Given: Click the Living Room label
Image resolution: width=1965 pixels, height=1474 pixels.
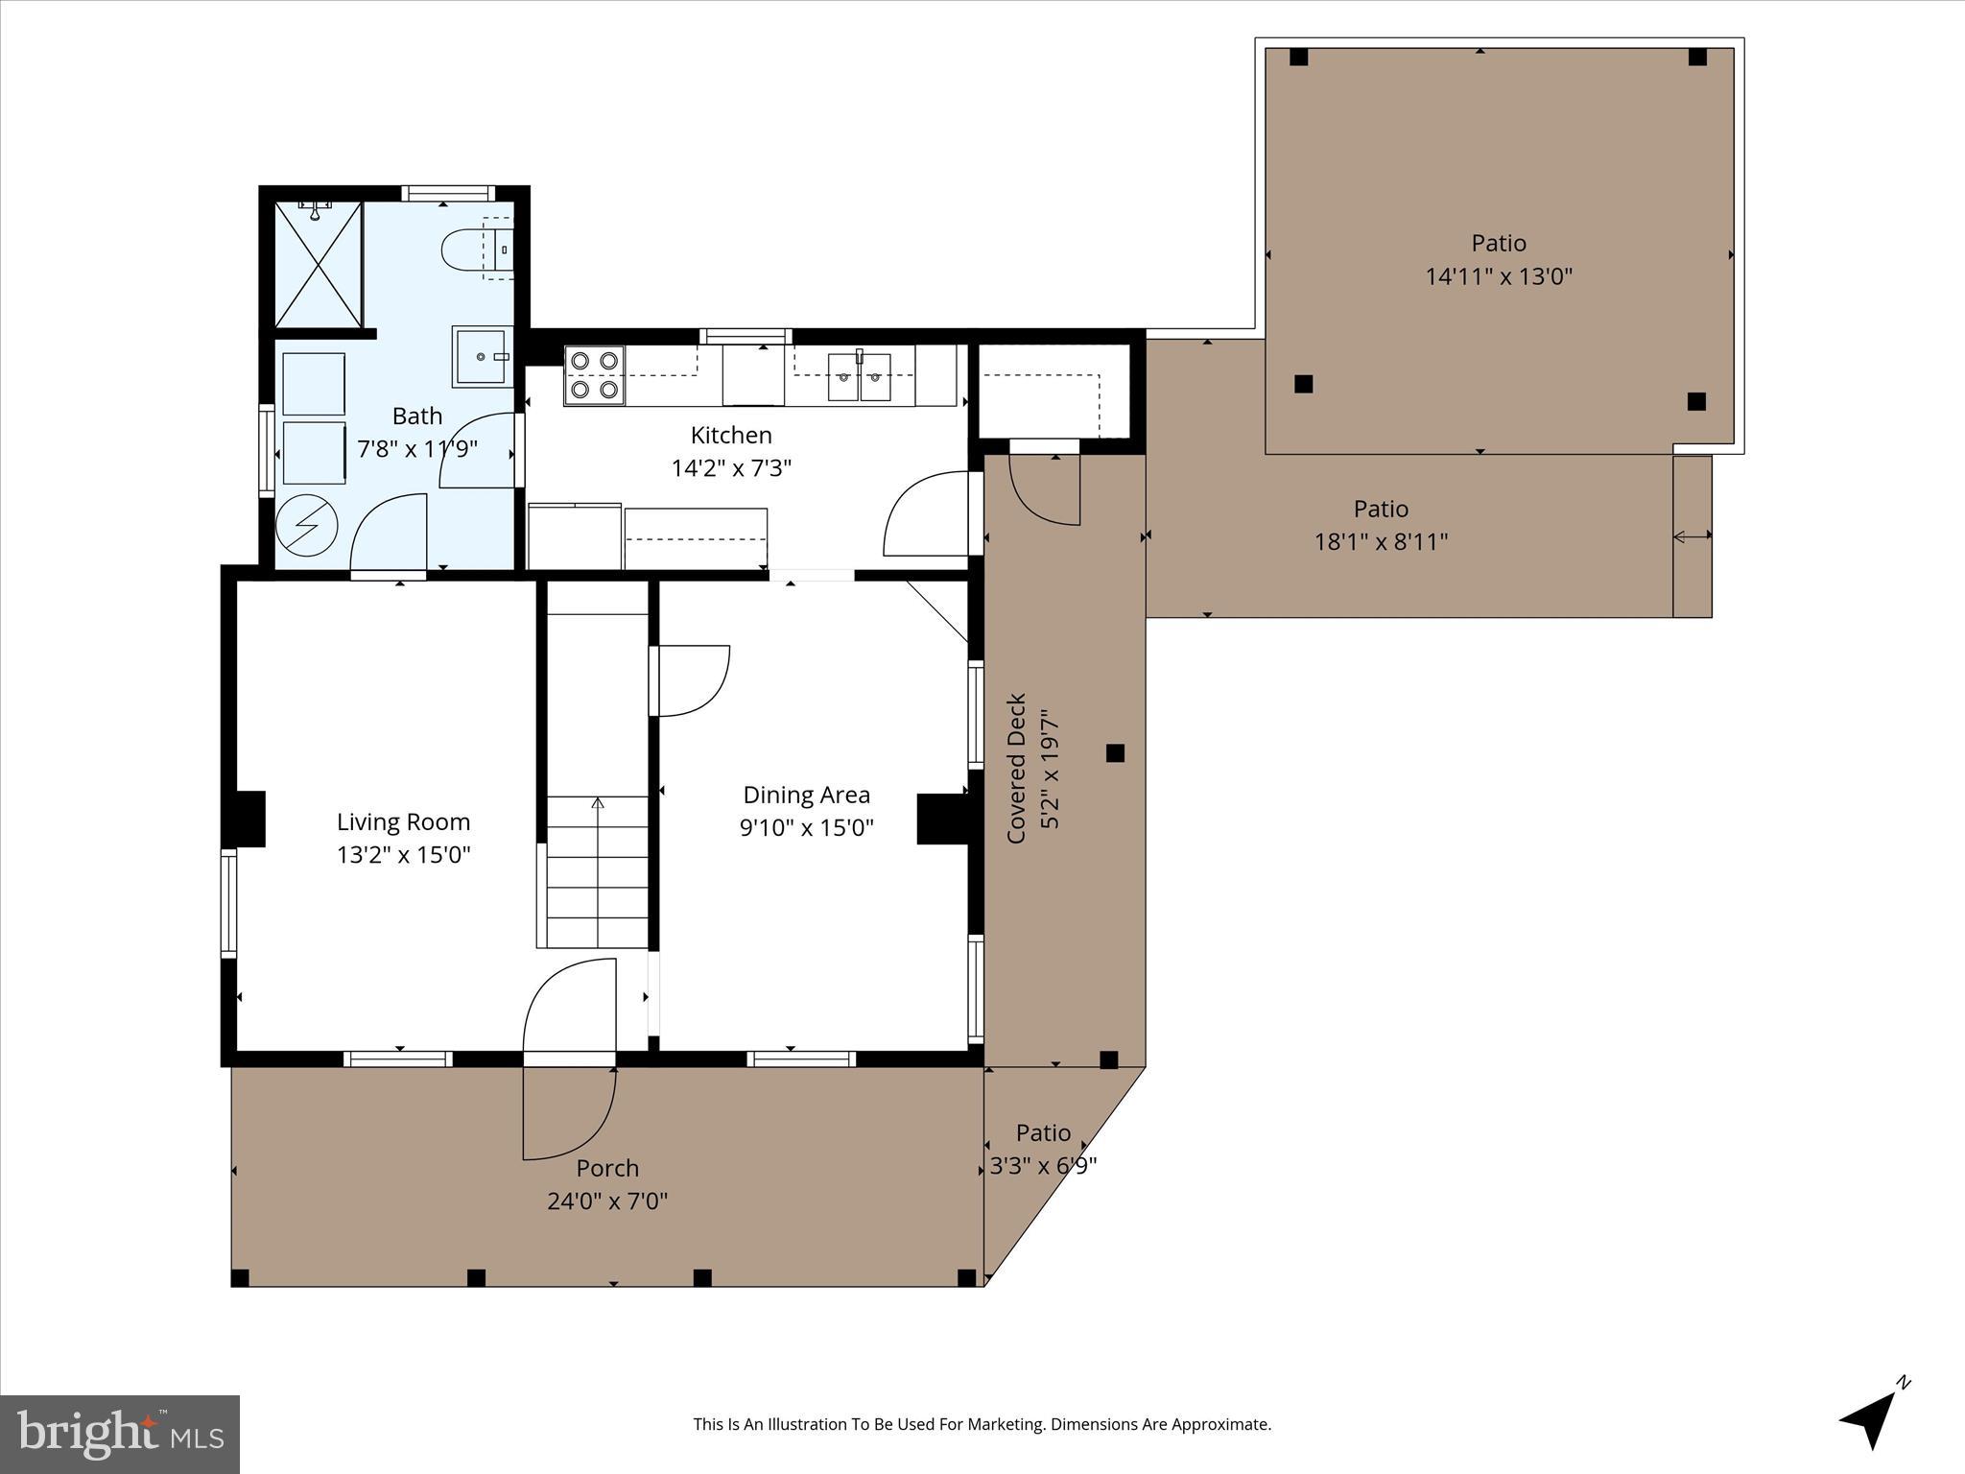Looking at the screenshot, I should coord(403,821).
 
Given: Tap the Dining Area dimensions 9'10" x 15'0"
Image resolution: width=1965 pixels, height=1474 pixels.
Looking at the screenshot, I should coord(806,827).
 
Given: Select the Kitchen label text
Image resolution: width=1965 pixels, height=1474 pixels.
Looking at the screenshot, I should coord(731,435).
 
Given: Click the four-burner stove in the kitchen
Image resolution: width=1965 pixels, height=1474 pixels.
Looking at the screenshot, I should coord(594,375).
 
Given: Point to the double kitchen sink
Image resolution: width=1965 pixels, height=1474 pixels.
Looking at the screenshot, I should coord(859,376).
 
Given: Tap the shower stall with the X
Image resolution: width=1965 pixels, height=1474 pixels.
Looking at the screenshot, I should coord(319,265).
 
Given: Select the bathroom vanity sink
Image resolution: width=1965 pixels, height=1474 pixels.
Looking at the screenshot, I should coord(481,356).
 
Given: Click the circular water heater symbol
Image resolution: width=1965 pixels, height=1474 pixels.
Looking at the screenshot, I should coord(307,525).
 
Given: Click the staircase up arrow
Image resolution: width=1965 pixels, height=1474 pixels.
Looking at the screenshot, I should coord(598,804).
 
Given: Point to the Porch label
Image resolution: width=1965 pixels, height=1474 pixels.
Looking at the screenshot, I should coord(607,1168).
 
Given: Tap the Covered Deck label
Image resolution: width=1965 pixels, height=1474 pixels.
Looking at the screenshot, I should coord(1017,768).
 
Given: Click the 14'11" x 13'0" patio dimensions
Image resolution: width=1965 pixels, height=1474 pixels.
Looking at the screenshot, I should coord(1499,276).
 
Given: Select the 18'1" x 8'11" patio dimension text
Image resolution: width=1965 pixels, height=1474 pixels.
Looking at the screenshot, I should coord(1381,541).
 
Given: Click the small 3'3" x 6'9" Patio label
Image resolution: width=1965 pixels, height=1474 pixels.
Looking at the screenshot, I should coord(1043,1133).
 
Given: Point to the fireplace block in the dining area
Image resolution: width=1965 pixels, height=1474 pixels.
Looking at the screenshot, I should coord(942,819).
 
